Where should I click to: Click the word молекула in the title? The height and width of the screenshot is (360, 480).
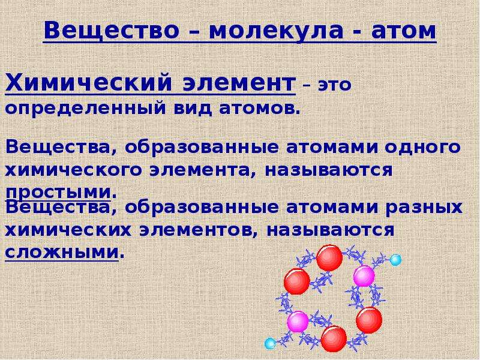coord(276,31)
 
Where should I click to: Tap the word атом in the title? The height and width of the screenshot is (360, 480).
coord(404,31)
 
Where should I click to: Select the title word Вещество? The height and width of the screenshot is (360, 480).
coord(112,31)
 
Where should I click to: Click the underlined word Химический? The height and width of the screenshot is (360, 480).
coord(88,83)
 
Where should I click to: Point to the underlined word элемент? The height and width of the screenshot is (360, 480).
coord(239,83)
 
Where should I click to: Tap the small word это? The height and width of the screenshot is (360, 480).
coord(334,85)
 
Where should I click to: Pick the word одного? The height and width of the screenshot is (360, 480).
coord(423,148)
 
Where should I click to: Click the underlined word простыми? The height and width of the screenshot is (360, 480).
coord(58,193)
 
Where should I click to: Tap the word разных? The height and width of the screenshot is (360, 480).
coord(424,208)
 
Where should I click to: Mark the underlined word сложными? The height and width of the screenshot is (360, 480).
coord(62,253)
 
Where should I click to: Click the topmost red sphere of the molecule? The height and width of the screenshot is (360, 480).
coord(329,258)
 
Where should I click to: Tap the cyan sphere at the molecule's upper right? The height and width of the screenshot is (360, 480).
coord(395,260)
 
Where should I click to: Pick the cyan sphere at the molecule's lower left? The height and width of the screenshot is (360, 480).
coord(270,343)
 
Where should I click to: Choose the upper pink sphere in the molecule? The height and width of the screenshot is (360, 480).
coord(364,276)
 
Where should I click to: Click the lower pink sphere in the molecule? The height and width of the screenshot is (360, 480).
coord(298,322)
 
